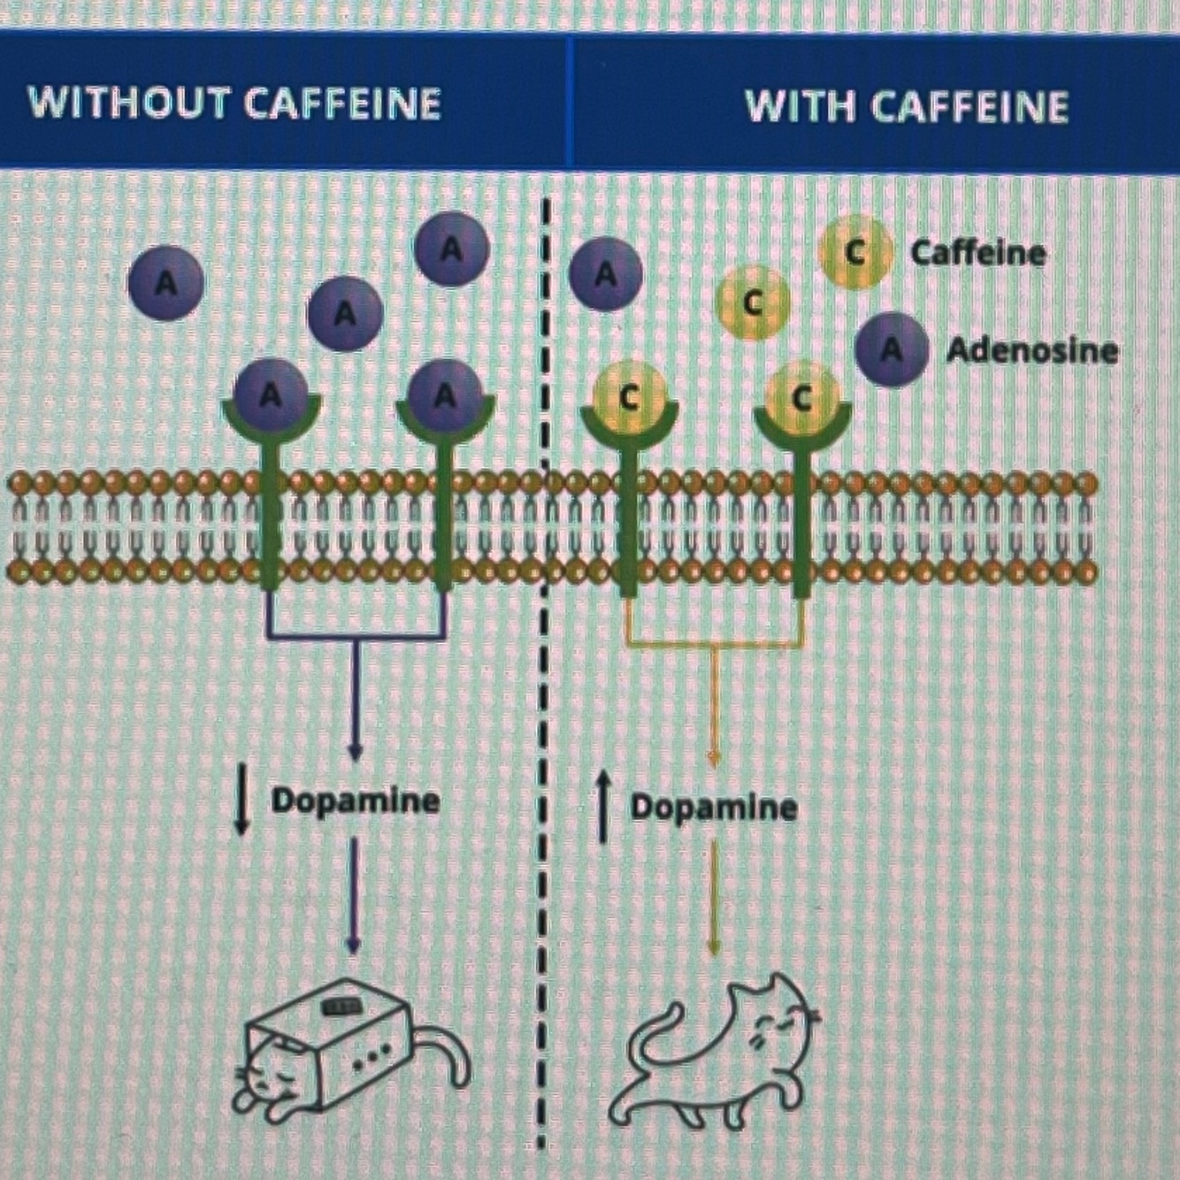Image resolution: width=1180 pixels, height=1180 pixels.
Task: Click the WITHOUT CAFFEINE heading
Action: click(x=234, y=103)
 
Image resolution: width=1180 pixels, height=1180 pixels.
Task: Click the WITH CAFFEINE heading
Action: click(x=907, y=107)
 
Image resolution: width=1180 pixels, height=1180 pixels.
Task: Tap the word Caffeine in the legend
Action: click(x=977, y=253)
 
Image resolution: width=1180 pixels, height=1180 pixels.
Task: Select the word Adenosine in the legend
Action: click(x=1031, y=351)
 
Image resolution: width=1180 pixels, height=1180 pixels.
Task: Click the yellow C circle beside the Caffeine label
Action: click(x=853, y=252)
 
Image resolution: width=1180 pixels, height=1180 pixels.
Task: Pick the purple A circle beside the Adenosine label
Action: click(x=892, y=350)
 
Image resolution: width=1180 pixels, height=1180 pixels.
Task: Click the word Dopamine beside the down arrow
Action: click(x=356, y=801)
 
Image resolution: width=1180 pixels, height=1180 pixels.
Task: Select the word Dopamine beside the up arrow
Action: click(x=713, y=808)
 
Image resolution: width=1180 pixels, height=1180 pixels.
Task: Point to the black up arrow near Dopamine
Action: click(x=601, y=806)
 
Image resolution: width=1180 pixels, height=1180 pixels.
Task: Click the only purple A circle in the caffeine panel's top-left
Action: click(x=606, y=274)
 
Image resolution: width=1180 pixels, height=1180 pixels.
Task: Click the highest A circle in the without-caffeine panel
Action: click(x=452, y=249)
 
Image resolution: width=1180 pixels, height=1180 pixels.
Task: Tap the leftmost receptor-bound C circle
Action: click(x=628, y=397)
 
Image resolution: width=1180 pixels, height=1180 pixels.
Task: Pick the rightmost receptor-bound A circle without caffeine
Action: click(x=445, y=395)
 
